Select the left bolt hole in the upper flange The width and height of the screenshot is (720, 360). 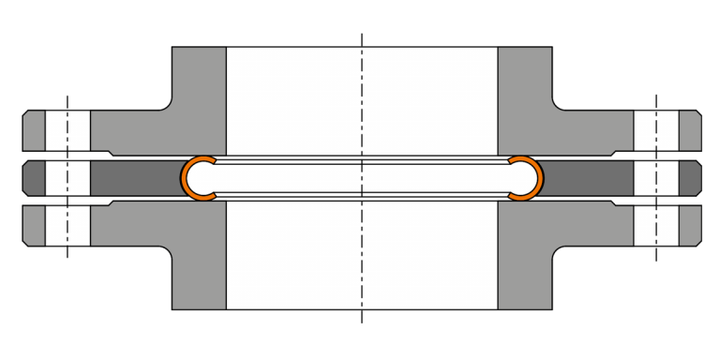tap(67, 130)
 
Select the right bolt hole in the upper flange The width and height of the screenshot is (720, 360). tap(656, 130)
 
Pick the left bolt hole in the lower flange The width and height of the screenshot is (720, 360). tap(67, 225)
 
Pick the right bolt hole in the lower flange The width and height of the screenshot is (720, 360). tap(656, 225)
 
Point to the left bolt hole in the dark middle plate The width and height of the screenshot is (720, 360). tap(67, 177)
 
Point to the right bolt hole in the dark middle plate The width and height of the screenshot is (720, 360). tap(656, 177)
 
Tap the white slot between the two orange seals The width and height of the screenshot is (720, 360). tap(362, 177)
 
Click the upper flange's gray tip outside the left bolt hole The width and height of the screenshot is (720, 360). tap(34, 130)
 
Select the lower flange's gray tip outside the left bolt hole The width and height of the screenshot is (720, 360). tap(34, 225)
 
